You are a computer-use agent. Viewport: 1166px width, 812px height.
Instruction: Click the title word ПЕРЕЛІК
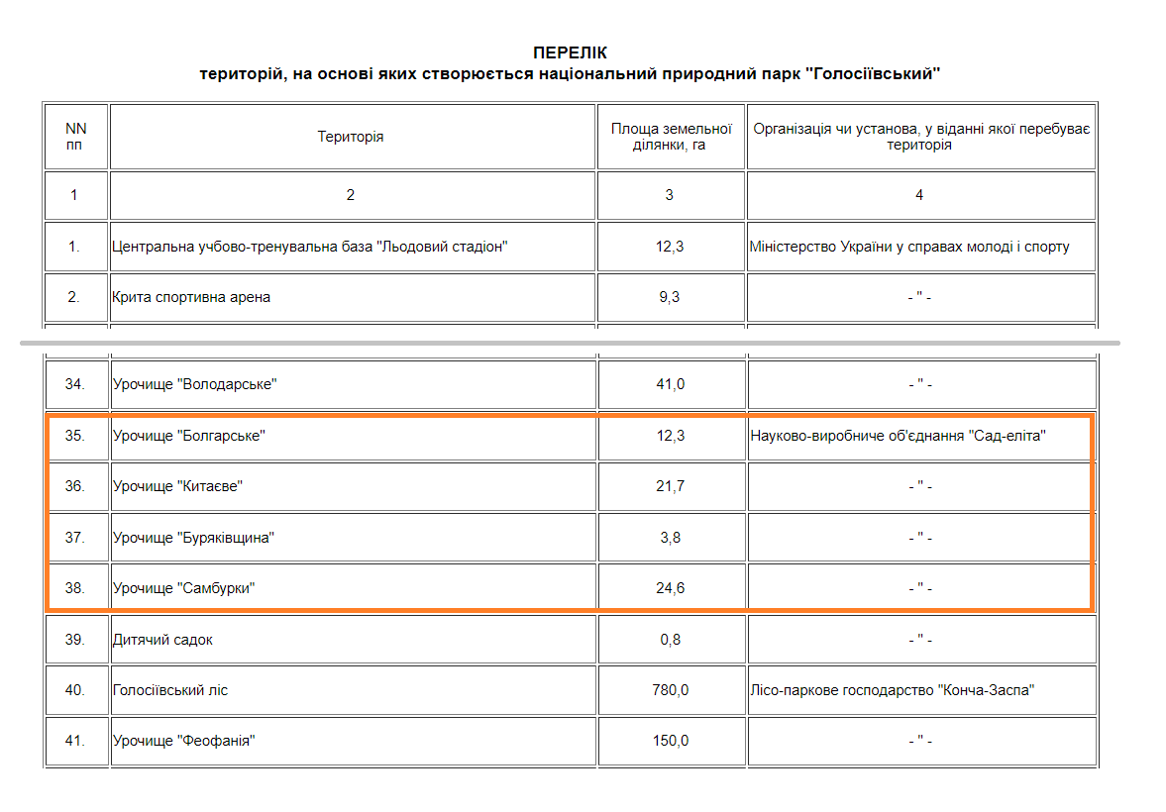(x=570, y=52)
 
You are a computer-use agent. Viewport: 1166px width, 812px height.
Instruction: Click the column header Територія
(x=351, y=137)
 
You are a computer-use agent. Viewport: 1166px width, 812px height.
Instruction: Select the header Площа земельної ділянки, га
(x=671, y=137)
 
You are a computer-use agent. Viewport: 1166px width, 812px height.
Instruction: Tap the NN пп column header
(x=75, y=137)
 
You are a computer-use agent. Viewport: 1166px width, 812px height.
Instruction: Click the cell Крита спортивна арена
(x=191, y=297)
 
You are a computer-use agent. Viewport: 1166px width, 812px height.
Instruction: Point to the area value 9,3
(x=670, y=297)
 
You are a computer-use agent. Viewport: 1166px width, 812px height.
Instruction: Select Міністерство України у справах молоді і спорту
(x=909, y=247)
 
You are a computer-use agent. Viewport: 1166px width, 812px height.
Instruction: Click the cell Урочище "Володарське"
(x=194, y=384)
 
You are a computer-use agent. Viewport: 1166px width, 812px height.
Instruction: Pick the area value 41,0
(x=670, y=384)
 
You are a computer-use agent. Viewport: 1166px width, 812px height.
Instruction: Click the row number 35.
(x=75, y=436)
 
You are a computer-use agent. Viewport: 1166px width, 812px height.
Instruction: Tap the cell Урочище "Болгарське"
(x=189, y=436)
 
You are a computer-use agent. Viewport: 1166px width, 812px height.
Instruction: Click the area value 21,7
(x=670, y=486)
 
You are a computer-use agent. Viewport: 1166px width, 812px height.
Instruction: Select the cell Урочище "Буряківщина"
(x=193, y=538)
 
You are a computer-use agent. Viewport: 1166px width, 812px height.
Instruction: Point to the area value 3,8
(x=670, y=538)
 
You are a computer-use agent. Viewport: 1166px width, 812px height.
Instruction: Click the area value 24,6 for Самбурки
(x=670, y=588)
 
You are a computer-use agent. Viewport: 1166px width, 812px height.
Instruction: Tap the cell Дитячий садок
(x=162, y=640)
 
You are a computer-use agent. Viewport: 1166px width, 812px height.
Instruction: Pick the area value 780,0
(x=670, y=690)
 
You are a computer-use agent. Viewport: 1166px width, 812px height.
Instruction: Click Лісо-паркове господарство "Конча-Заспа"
(x=892, y=690)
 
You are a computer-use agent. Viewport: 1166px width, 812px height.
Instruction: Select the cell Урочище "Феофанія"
(x=184, y=741)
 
